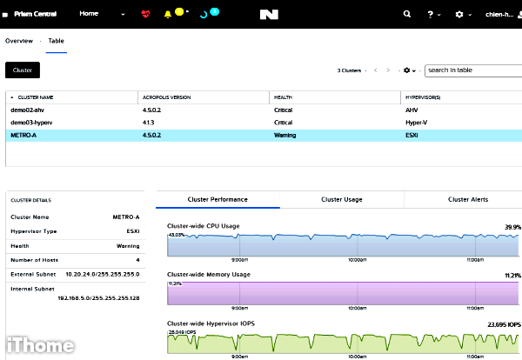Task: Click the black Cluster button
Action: pyautogui.click(x=23, y=70)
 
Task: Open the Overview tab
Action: pyautogui.click(x=18, y=41)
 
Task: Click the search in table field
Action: pyautogui.click(x=472, y=70)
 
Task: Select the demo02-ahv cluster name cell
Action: pyautogui.click(x=28, y=111)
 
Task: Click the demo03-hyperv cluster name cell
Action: pyautogui.click(x=32, y=123)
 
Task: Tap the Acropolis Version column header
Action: pyautogui.click(x=166, y=97)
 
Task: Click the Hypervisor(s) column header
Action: pyautogui.click(x=424, y=97)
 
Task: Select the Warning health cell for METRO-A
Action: pyautogui.click(x=285, y=136)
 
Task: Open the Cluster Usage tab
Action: pyautogui.click(x=342, y=199)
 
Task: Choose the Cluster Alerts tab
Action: pyautogui.click(x=468, y=199)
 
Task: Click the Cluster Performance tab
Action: pyautogui.click(x=217, y=199)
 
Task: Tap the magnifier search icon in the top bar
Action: pyautogui.click(x=407, y=15)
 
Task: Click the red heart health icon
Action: pyautogui.click(x=144, y=15)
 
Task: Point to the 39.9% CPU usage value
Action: pyautogui.click(x=512, y=227)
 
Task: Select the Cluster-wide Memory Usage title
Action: pyautogui.click(x=209, y=275)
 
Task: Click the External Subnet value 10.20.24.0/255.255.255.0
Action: pyautogui.click(x=103, y=272)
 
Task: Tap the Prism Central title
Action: pyautogui.click(x=37, y=15)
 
